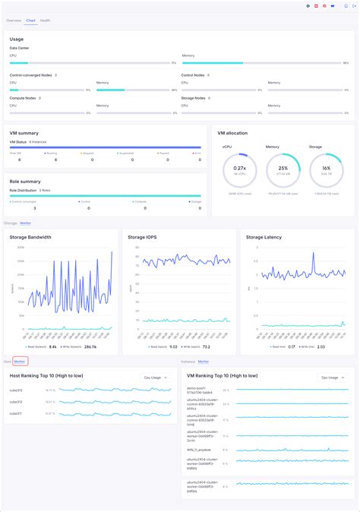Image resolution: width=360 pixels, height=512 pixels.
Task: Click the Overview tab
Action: (14, 21)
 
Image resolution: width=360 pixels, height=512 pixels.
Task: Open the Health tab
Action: (46, 21)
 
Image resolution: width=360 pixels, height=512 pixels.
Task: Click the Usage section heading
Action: (17, 39)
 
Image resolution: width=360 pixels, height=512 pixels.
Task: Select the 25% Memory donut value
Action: (283, 168)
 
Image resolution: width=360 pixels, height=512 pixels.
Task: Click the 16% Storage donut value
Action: (326, 168)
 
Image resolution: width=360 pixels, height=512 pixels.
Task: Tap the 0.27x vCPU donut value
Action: (239, 168)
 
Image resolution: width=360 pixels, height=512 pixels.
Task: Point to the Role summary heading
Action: (25, 182)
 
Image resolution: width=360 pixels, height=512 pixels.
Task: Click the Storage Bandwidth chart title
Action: (30, 237)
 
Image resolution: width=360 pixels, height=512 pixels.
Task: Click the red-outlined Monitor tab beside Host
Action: (20, 362)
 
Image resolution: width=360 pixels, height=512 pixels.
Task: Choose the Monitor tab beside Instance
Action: (204, 362)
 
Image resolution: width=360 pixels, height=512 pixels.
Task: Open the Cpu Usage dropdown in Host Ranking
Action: (156, 376)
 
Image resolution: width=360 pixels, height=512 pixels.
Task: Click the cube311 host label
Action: (15, 413)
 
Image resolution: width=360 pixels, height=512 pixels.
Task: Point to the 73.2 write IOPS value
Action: (206, 346)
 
